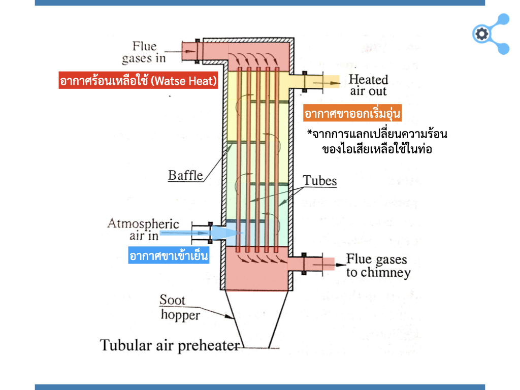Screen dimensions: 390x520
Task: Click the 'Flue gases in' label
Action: (144, 52)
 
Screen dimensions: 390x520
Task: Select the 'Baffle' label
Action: (185, 176)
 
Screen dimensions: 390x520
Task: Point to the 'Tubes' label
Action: (319, 180)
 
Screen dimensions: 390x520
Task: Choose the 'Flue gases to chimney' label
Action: (377, 266)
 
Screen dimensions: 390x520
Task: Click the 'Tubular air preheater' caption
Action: (170, 345)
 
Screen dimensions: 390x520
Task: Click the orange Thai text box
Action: (352, 114)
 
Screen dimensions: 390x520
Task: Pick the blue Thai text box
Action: (169, 255)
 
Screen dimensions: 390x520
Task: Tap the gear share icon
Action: (490, 34)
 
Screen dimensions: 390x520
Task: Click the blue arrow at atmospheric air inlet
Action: (223, 233)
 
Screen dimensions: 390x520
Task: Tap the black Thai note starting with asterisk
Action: (377, 142)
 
